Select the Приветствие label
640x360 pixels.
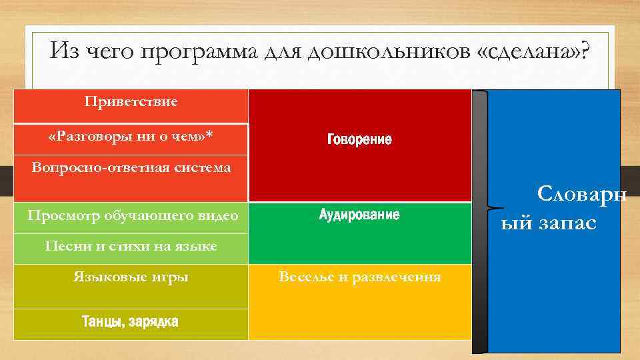(131, 102)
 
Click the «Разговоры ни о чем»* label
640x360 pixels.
(131, 136)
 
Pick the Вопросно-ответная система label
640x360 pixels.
(131, 167)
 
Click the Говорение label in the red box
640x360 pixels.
(359, 140)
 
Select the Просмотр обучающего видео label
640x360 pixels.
(133, 216)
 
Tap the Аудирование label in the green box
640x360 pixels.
(359, 215)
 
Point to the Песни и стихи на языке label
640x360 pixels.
(131, 246)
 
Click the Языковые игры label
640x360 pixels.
(131, 277)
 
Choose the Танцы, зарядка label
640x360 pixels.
(130, 321)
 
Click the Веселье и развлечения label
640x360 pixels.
(359, 277)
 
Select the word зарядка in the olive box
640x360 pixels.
(154, 321)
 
